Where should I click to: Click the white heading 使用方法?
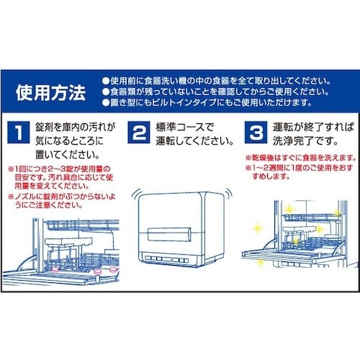pos(50,93)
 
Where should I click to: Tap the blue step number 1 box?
pos(19,132)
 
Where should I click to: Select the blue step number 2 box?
pos(139,132)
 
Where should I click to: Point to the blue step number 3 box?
pos(256,132)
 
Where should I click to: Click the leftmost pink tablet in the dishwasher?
pos(55,269)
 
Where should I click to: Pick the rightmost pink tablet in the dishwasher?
pos(113,269)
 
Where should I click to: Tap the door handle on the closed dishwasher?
pos(169,234)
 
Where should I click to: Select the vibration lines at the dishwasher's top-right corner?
pos(228,193)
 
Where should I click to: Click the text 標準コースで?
pos(184,127)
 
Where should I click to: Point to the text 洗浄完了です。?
pos(305,141)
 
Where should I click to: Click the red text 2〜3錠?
pos(55,169)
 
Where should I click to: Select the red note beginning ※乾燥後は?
pos(301,158)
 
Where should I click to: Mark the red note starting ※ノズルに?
pos(62,201)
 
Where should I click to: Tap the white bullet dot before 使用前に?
pos(106,81)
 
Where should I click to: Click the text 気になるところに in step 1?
pos(70,141)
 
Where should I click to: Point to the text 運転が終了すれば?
pos(313,127)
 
